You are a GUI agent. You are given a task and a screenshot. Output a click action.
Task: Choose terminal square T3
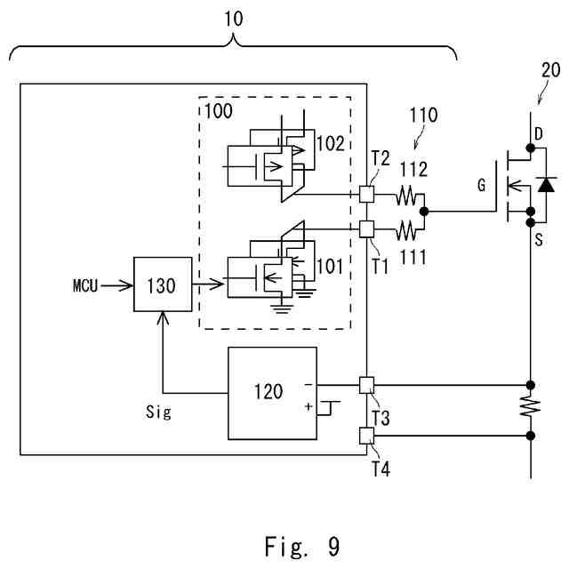pyautogui.click(x=366, y=385)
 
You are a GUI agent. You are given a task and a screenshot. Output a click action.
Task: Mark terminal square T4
pyautogui.click(x=366, y=435)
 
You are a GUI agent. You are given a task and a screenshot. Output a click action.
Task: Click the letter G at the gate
pyautogui.click(x=482, y=187)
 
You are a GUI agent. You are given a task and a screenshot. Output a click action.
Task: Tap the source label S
pyautogui.click(x=537, y=238)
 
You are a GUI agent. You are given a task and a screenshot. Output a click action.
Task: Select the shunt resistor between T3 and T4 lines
pyautogui.click(x=531, y=410)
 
